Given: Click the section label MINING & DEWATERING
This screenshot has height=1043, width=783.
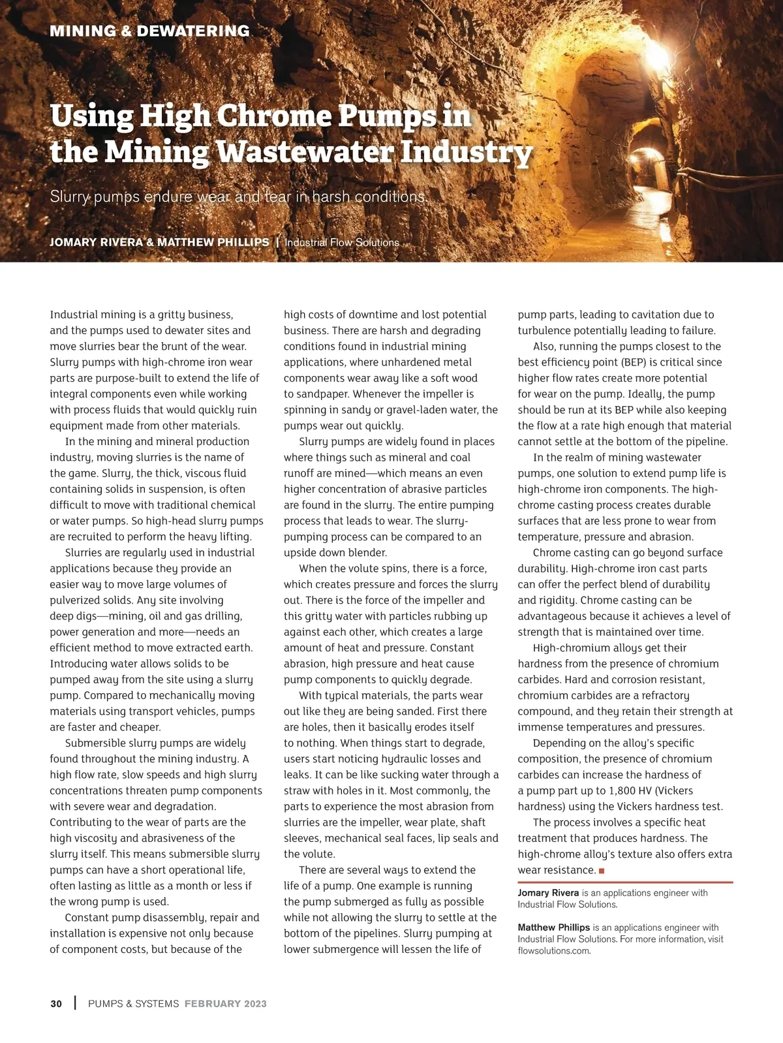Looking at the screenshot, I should (149, 31).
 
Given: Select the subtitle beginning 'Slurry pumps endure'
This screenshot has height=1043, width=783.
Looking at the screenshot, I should (239, 196).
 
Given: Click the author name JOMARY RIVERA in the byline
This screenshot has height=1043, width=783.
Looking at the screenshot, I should (96, 242).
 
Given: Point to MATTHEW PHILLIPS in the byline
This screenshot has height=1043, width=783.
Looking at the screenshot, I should (213, 242).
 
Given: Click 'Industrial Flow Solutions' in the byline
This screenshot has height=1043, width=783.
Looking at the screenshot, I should (342, 243).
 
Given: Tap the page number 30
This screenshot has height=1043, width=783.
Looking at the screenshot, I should (56, 1004).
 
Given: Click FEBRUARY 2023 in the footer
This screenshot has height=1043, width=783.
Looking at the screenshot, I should (226, 1004).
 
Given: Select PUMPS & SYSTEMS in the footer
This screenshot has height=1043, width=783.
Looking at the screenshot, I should (133, 1004).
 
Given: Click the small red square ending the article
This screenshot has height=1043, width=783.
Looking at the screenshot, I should (602, 871).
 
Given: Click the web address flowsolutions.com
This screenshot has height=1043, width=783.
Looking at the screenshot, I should (554, 950).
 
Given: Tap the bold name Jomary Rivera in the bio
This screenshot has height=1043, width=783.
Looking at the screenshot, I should (548, 893).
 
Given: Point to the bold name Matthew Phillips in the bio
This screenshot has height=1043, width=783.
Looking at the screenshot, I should (553, 927).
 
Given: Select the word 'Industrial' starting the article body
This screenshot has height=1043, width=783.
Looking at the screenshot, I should (74, 315).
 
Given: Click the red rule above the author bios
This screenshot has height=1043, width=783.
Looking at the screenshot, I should (625, 882).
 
